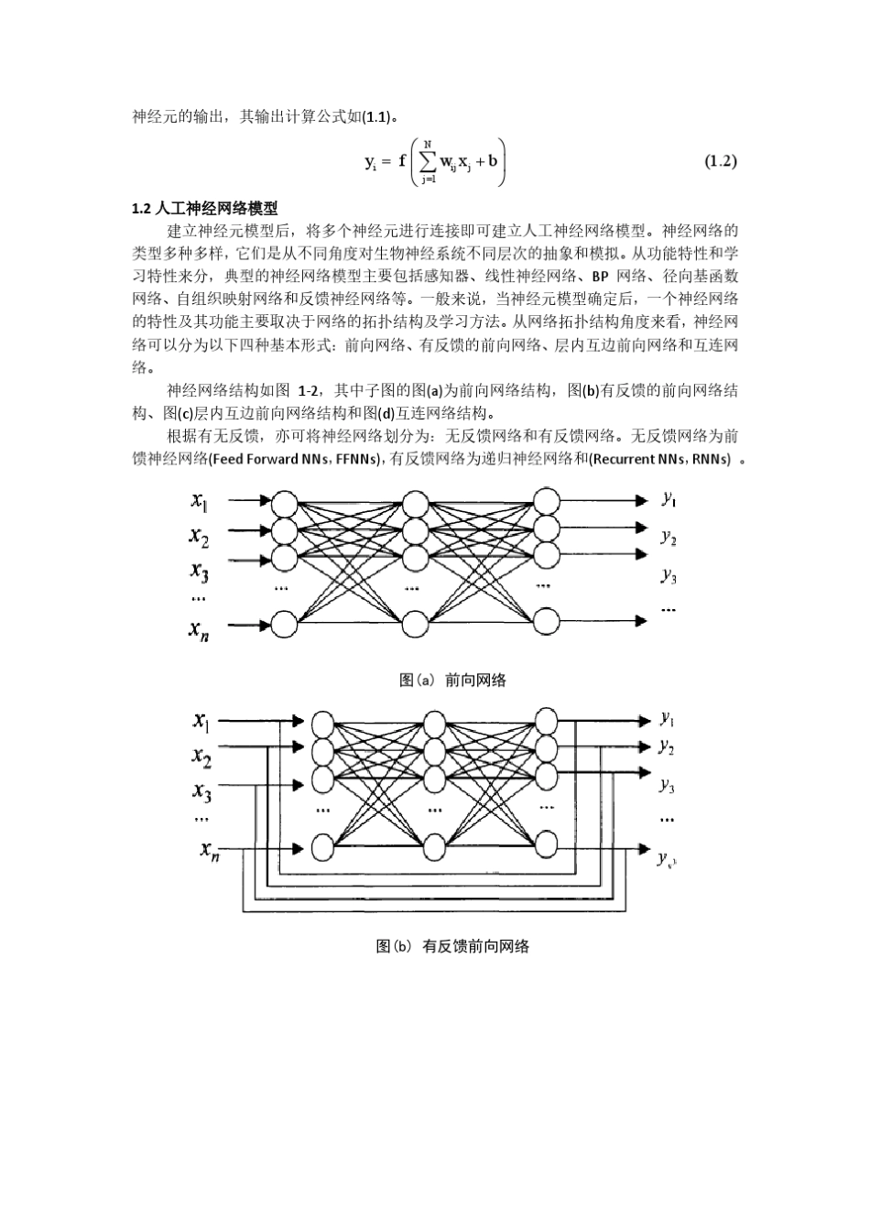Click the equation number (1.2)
click(x=720, y=162)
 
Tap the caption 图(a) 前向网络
click(x=452, y=680)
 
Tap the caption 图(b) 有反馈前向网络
click(x=452, y=946)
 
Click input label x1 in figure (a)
click(x=200, y=500)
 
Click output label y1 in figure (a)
click(x=669, y=499)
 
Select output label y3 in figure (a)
click(x=669, y=575)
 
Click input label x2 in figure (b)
click(x=202, y=757)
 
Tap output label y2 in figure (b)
click(x=667, y=747)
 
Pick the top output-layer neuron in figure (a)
click(x=547, y=501)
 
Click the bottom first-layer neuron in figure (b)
click(x=322, y=847)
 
